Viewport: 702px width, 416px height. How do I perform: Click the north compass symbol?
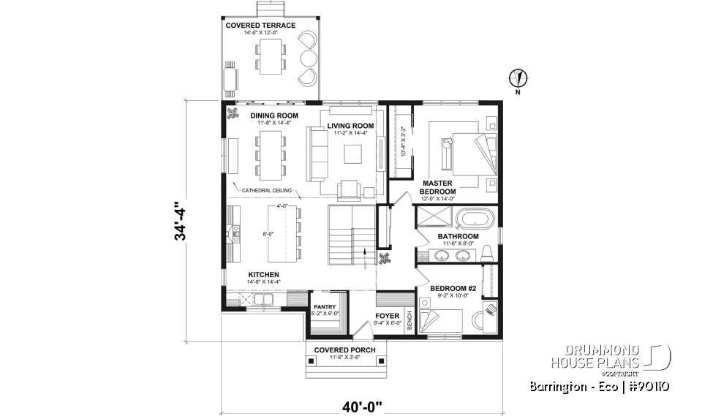pyautogui.click(x=518, y=78)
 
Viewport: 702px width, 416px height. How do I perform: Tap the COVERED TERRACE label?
pyautogui.click(x=260, y=26)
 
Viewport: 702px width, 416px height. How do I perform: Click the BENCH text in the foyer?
pyautogui.click(x=410, y=315)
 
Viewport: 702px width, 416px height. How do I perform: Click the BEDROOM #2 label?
pyautogui.click(x=453, y=289)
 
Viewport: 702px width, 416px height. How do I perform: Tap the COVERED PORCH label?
pyautogui.click(x=344, y=350)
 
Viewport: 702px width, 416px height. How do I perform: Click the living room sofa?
pyautogui.click(x=317, y=154)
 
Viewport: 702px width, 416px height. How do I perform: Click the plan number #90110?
pyautogui.click(x=644, y=387)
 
